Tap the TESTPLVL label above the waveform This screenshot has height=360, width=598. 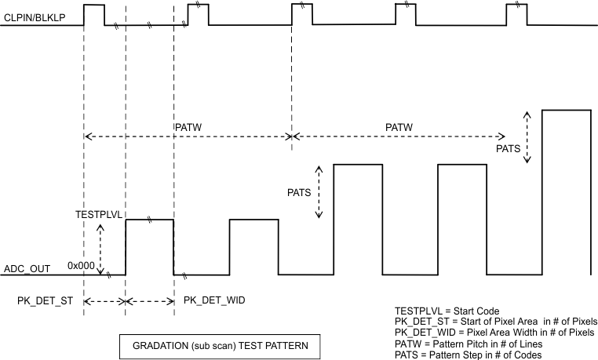[x=96, y=214]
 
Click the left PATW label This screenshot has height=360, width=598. [x=188, y=125]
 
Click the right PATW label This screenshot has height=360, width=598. [x=400, y=125]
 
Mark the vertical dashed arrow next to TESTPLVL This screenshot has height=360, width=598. [x=100, y=247]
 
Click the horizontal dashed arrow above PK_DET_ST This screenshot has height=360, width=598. [x=104, y=301]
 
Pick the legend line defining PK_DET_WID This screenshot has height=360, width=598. [x=496, y=333]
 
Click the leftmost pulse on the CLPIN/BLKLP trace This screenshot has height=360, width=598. [x=93, y=15]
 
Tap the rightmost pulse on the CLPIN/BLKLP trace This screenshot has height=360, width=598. [x=516, y=15]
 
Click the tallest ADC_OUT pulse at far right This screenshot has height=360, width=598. [x=568, y=192]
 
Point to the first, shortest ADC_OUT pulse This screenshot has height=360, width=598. [x=149, y=247]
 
